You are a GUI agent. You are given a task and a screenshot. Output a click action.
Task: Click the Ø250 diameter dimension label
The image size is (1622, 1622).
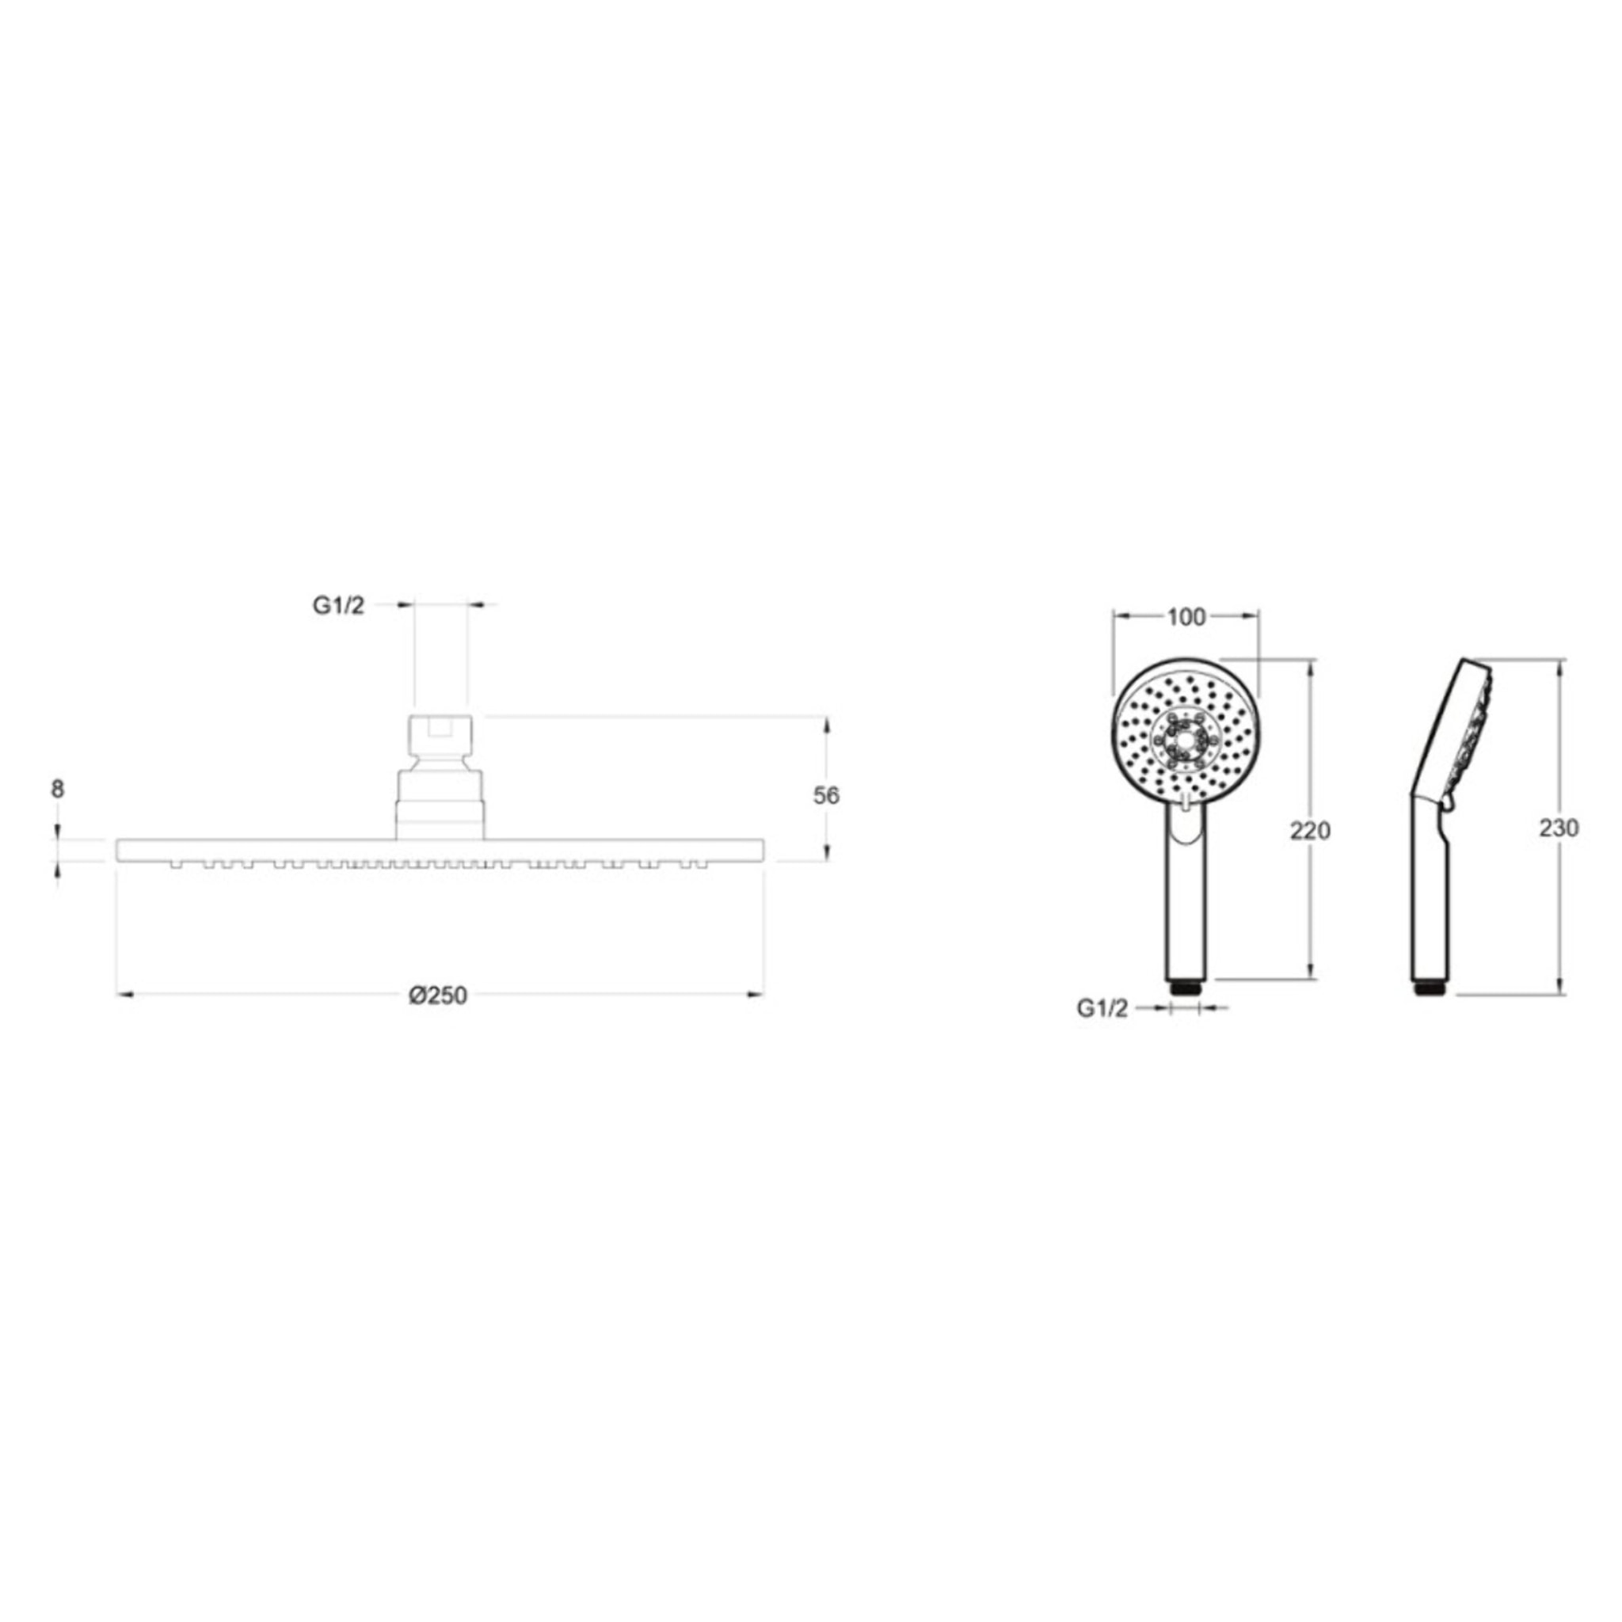[437, 996]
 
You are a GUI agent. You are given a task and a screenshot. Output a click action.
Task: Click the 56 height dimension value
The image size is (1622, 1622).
[826, 796]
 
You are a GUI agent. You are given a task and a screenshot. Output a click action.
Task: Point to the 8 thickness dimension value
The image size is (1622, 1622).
[57, 789]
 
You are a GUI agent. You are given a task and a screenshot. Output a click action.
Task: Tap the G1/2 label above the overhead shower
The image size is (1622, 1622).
[338, 606]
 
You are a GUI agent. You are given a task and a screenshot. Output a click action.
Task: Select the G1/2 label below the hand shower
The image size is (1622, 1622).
[1102, 1009]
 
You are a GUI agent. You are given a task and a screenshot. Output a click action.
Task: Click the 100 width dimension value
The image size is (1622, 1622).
[1186, 618]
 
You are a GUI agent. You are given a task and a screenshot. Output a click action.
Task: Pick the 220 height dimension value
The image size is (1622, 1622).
[1311, 830]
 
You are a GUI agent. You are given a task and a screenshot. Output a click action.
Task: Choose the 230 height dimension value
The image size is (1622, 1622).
[1559, 828]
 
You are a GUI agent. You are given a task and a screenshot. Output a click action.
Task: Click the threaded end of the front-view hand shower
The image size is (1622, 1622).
[1186, 988]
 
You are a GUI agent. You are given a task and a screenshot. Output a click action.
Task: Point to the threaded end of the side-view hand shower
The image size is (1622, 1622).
[1428, 988]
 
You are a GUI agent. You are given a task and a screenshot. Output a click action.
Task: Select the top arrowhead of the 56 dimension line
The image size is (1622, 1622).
[827, 725]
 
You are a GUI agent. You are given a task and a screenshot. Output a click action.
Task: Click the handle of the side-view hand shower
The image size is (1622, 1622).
[1428, 898]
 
